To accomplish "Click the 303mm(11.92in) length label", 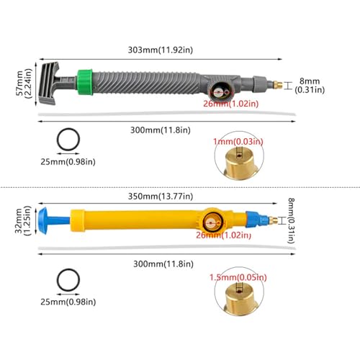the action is pos(161,50).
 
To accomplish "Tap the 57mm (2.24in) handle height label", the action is pos(24,84).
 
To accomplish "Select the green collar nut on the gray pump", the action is pos(85,82).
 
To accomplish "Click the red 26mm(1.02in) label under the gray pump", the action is pos(231,104).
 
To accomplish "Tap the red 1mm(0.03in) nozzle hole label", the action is pos(238,142).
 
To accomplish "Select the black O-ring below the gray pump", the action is pos(68,140).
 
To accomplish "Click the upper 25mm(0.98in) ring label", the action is pos(68,162).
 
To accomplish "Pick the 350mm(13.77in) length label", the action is pos(161,197).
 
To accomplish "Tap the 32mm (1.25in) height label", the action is pos(23,221).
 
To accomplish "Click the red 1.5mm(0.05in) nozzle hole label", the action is pos(238,277).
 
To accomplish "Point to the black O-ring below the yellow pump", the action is pos(68,280).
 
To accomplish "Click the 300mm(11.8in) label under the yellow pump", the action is pos(163,264).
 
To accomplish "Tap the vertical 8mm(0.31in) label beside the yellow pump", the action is pos(291,220).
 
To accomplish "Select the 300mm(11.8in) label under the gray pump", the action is pos(161,130).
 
